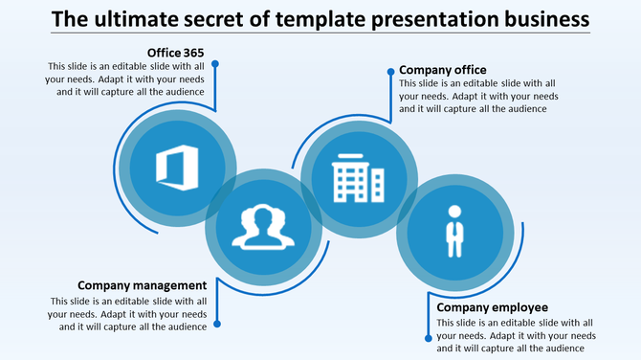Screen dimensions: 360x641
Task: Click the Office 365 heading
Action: (175, 52)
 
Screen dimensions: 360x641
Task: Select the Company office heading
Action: (442, 70)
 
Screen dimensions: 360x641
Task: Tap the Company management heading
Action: (142, 285)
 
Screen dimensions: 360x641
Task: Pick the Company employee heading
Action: (492, 307)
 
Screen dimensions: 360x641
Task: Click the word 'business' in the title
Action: (542, 18)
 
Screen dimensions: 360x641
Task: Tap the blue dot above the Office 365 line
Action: (216, 64)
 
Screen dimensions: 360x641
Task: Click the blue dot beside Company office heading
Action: (388, 70)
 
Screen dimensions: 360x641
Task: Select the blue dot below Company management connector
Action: (216, 324)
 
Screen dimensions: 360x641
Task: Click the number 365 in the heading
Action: (190, 52)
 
